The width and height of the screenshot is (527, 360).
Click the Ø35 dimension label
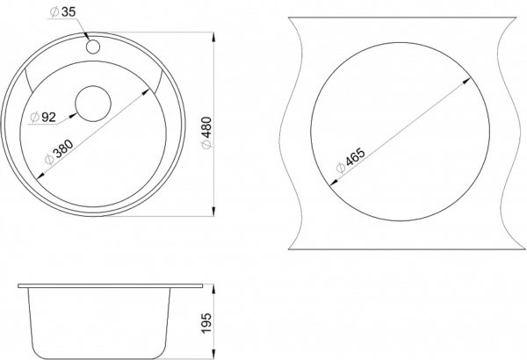(x=62, y=12)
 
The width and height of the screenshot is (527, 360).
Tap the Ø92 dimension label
(x=42, y=118)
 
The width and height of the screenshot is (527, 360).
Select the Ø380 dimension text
(x=59, y=152)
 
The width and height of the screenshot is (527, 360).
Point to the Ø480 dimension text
(x=207, y=133)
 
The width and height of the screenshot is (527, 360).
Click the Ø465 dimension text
(x=350, y=160)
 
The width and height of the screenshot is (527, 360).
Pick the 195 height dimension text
(x=206, y=323)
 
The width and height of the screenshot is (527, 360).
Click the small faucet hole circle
(x=93, y=47)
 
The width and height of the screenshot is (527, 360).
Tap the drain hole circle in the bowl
(x=93, y=104)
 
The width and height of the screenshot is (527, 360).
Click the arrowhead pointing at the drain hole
(x=73, y=115)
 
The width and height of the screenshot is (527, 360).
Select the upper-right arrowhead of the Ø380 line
(x=146, y=92)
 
